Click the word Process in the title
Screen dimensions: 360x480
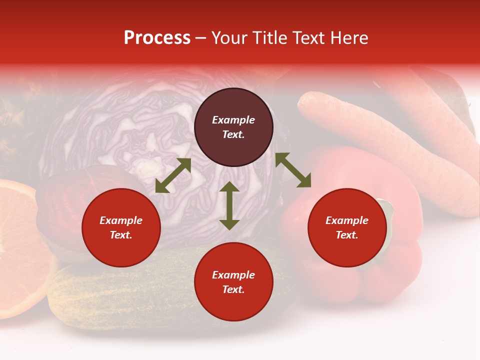pos(157,38)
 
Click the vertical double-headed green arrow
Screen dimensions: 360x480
pos(229,205)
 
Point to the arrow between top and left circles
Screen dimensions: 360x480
pos(173,175)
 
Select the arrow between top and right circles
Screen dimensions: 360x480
pos(293,170)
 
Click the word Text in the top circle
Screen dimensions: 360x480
pos(233,134)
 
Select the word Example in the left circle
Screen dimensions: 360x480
pos(121,220)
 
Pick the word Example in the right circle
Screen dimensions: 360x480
pos(347,220)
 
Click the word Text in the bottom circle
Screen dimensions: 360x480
pos(233,289)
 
